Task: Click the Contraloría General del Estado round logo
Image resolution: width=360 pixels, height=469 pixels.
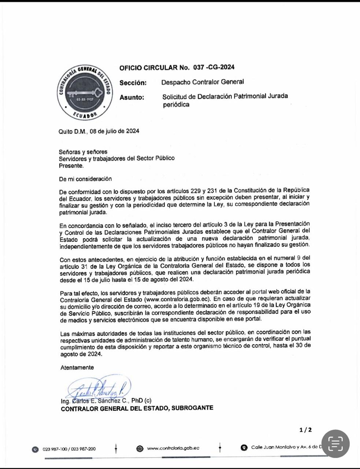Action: [x=84, y=94]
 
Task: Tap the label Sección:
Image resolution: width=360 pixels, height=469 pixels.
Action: [x=133, y=83]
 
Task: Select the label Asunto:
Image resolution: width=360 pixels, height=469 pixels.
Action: [x=132, y=97]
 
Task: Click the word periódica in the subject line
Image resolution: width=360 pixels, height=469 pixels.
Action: [x=176, y=105]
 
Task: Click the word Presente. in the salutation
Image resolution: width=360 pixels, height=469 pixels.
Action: [x=71, y=165]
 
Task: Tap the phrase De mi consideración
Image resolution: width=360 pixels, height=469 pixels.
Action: [x=85, y=179]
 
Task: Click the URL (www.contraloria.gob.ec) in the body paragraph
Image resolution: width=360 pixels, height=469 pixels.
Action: [x=177, y=299]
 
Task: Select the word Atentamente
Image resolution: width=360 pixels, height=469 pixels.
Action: [x=77, y=368]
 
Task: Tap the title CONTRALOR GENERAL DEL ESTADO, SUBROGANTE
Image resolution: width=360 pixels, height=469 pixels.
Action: [x=137, y=408]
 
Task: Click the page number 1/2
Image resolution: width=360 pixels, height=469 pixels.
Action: [x=305, y=430]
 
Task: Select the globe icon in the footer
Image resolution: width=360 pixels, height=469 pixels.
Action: [x=140, y=448]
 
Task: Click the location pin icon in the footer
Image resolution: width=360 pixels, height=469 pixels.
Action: [x=244, y=448]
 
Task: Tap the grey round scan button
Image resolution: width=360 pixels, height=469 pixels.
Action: [x=335, y=443]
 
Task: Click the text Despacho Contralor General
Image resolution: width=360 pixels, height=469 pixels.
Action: [x=203, y=82]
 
